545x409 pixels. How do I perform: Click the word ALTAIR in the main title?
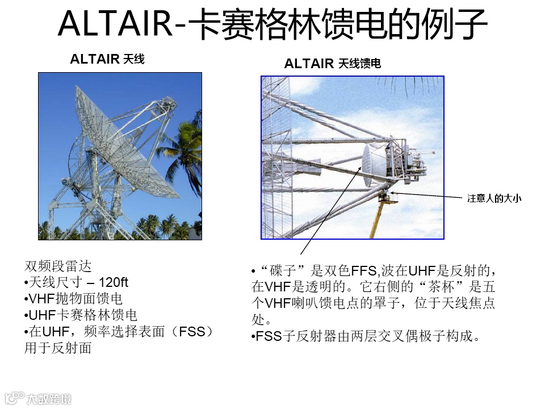[115, 24]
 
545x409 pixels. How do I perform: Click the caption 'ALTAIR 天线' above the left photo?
[107, 59]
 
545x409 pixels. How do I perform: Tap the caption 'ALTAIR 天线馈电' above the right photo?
[332, 64]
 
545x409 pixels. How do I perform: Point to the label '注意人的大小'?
[494, 199]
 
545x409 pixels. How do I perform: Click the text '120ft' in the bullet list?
[114, 282]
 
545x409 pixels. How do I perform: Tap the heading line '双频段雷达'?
[58, 266]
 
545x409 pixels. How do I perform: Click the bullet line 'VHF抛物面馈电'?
[73, 299]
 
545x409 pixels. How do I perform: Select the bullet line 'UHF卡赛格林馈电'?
[81, 315]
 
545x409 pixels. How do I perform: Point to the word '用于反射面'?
[58, 348]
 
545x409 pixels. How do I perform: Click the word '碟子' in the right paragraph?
[283, 270]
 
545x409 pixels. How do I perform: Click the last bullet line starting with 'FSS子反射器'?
[366, 336]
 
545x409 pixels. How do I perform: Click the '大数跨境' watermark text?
[49, 399]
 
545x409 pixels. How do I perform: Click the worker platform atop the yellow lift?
[388, 197]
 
